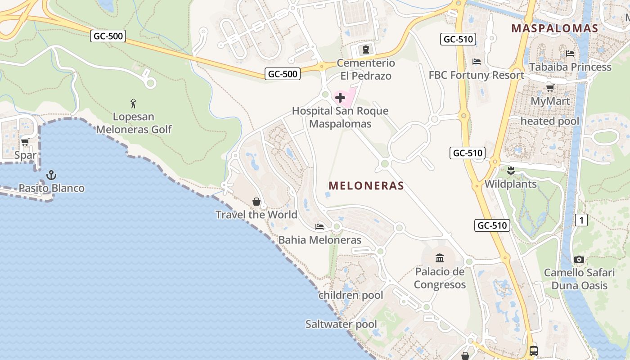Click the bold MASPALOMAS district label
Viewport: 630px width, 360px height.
point(554,28)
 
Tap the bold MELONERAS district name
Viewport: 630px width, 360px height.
point(366,185)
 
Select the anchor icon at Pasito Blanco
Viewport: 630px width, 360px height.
point(51,175)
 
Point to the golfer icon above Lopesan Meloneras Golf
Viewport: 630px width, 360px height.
point(133,103)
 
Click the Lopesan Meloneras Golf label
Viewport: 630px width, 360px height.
point(134,123)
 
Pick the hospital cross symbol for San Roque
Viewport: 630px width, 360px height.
point(340,97)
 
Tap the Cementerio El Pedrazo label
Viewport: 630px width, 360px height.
point(366,69)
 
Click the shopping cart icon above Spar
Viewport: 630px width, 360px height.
point(25,142)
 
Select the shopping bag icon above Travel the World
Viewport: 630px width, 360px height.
point(256,201)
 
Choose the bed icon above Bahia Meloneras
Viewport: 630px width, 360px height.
point(319,226)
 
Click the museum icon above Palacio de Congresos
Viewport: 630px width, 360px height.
point(440,258)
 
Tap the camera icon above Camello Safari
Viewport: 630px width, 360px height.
point(579,259)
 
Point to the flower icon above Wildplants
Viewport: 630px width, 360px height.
point(510,171)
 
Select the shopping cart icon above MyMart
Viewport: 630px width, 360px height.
point(550,88)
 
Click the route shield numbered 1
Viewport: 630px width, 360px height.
point(581,220)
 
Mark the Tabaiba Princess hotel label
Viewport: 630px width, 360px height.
point(570,67)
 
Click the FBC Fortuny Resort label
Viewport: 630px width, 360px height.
point(477,75)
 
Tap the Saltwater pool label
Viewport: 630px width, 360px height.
point(341,324)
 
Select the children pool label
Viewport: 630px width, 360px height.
point(351,295)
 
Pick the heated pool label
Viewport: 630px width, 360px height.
point(550,121)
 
